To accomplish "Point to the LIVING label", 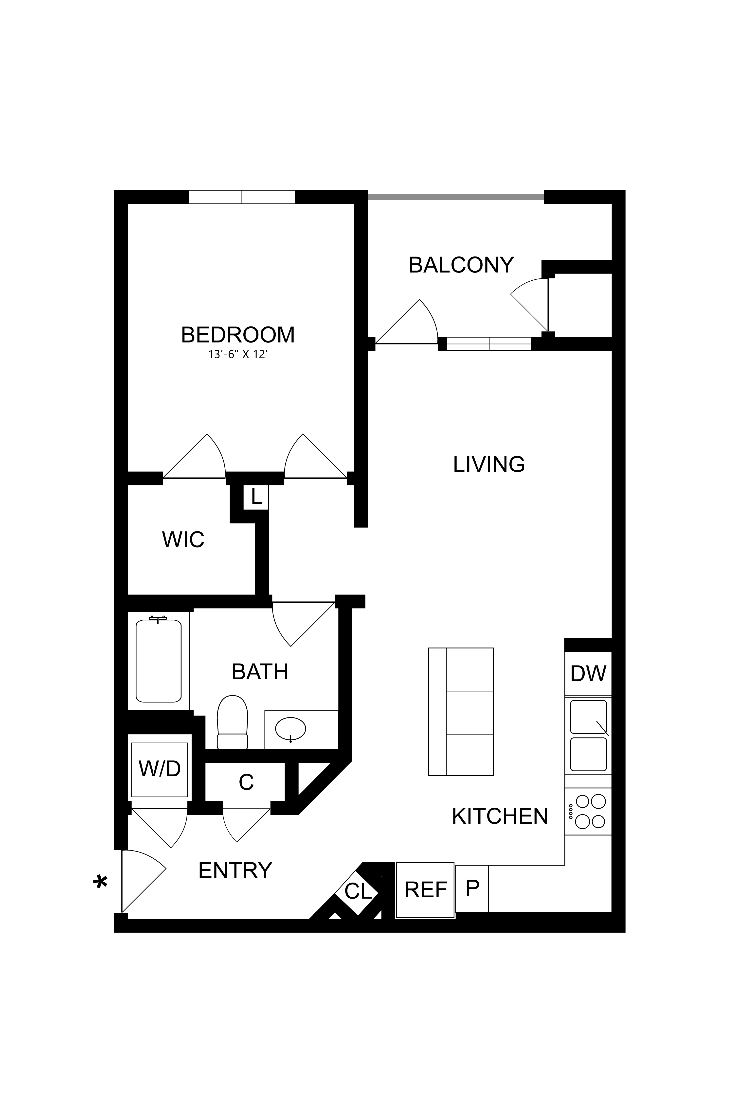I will pyautogui.click(x=489, y=464).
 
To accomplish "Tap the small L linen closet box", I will pyautogui.click(x=256, y=497).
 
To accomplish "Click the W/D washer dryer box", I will pyautogui.click(x=159, y=769).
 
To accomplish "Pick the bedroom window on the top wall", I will pyautogui.click(x=242, y=197).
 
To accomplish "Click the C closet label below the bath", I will pyautogui.click(x=246, y=782).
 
